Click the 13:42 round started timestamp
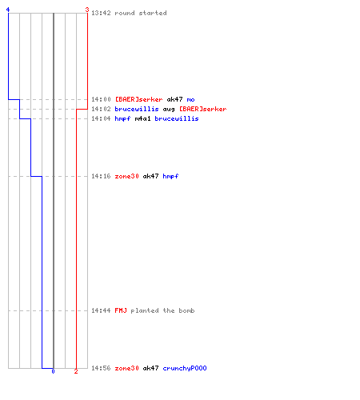pyautogui.click(x=101, y=13)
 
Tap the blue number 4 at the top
pyautogui.click(x=8, y=10)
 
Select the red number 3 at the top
pyautogui.click(x=87, y=10)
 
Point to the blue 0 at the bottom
pyautogui.click(x=53, y=371)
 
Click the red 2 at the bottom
pyautogui.click(x=76, y=371)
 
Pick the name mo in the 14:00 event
pyautogui.click(x=190, y=99)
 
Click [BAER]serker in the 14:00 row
pyautogui.click(x=138, y=99)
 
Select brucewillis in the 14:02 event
pyautogui.click(x=137, y=109)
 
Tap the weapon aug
pyautogui.click(x=169, y=110)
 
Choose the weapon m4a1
pyautogui.click(x=142, y=118)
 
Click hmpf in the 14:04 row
pyautogui.click(x=122, y=118)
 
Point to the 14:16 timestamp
pyautogui.click(x=101, y=176)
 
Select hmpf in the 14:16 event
pyautogui.click(x=170, y=176)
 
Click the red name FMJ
pyautogui.click(x=121, y=310)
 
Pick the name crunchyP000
pyautogui.click(x=185, y=368)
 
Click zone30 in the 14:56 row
pyautogui.click(x=126, y=368)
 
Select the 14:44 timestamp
pyautogui.click(x=101, y=310)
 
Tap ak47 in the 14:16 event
pyautogui.click(x=150, y=176)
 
